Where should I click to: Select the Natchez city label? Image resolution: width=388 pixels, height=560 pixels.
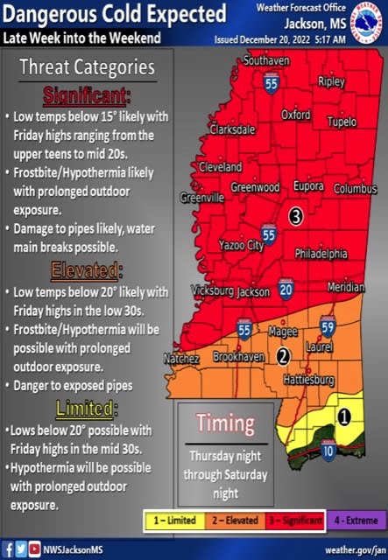point(182,359)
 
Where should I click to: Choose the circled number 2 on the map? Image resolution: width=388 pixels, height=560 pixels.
point(283,356)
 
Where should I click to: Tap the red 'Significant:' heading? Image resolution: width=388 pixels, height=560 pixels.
point(86,94)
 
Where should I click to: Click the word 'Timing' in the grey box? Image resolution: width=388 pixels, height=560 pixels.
point(225,423)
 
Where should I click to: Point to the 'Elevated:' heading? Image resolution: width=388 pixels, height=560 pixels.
point(86,269)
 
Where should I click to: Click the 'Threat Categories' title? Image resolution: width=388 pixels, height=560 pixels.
point(87,68)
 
